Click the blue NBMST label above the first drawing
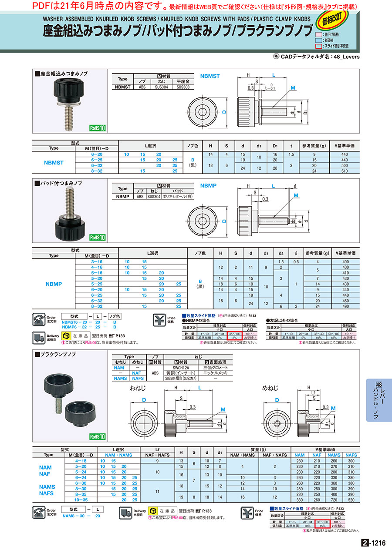click(210, 76)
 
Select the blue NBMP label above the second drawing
click(208, 185)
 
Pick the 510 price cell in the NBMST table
click(345, 171)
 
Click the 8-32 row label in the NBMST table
click(97, 171)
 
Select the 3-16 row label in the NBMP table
click(97, 262)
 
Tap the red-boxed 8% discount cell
click(234, 337)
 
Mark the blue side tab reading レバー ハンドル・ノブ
click(378, 400)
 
